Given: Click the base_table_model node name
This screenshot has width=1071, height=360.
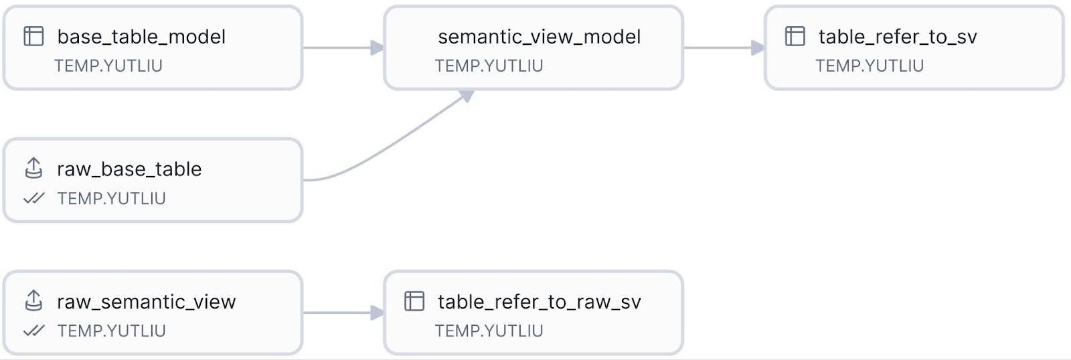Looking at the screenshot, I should (141, 36).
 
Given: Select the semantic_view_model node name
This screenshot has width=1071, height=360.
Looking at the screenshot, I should (539, 36).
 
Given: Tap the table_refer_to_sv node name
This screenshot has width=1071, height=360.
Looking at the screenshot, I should (897, 36).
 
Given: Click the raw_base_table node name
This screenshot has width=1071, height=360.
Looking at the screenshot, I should (129, 169).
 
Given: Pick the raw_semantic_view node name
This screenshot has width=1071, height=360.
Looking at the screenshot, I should (146, 302).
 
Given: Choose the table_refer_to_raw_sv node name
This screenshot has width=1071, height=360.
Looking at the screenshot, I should (539, 302).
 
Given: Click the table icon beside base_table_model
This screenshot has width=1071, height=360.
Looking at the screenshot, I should (33, 36).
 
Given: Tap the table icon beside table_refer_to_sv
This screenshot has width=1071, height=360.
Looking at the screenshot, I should (795, 36).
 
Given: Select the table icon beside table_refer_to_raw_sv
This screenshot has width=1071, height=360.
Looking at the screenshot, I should (414, 301).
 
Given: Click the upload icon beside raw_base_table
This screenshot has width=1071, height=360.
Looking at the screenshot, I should (33, 168).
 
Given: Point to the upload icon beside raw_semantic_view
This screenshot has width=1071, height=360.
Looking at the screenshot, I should (33, 300).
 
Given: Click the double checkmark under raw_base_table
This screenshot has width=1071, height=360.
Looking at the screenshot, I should (33, 198).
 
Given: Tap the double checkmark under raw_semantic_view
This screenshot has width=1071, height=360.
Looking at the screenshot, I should (33, 331).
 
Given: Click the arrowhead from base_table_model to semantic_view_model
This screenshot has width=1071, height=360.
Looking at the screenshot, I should (378, 48).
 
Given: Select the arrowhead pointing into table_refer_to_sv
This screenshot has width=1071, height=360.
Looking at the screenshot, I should (758, 48).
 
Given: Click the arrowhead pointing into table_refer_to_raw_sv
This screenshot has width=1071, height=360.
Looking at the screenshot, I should (378, 312).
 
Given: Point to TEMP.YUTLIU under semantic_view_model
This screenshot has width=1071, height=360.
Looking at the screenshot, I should (489, 66).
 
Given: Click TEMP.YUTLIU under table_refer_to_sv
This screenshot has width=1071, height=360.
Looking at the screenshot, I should (869, 66).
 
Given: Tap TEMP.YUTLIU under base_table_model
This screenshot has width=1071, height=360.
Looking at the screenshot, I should (108, 66).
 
